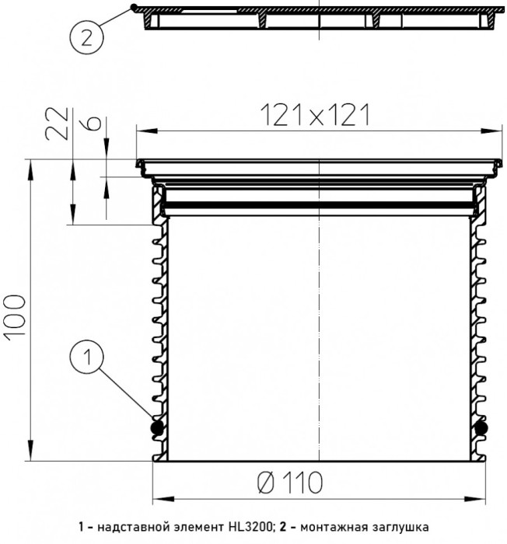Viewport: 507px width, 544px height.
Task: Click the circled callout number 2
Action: [86, 37]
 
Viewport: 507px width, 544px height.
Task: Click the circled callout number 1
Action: [87, 356]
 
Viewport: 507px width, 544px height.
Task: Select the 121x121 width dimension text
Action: [315, 115]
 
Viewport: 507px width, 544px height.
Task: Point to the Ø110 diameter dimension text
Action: [290, 483]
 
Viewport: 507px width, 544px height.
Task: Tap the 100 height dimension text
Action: [15, 316]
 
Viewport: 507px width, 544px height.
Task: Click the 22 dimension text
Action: [56, 124]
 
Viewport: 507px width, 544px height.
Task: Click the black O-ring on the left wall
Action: [157, 428]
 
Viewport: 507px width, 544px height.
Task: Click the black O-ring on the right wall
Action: [481, 428]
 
